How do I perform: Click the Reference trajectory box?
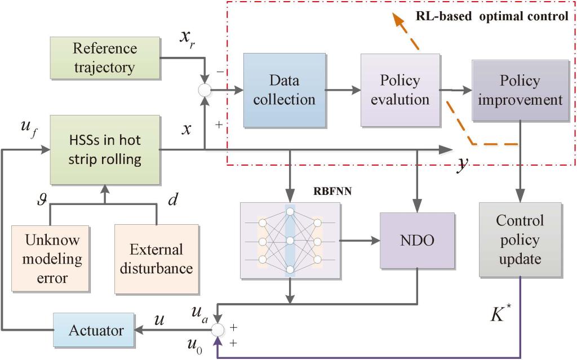[x=105, y=58]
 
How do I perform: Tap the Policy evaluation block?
[x=400, y=90]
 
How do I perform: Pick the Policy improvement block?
[x=520, y=90]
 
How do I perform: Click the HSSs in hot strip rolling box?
[x=105, y=150]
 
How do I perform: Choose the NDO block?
[x=416, y=240]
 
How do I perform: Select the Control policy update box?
[x=520, y=240]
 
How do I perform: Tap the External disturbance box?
[x=156, y=259]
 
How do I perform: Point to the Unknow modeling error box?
[x=54, y=259]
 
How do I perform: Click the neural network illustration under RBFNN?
[x=290, y=241]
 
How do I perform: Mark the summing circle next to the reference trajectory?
[x=205, y=90]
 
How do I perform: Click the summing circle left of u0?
[x=218, y=330]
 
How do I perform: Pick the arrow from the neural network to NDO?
[x=360, y=241]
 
